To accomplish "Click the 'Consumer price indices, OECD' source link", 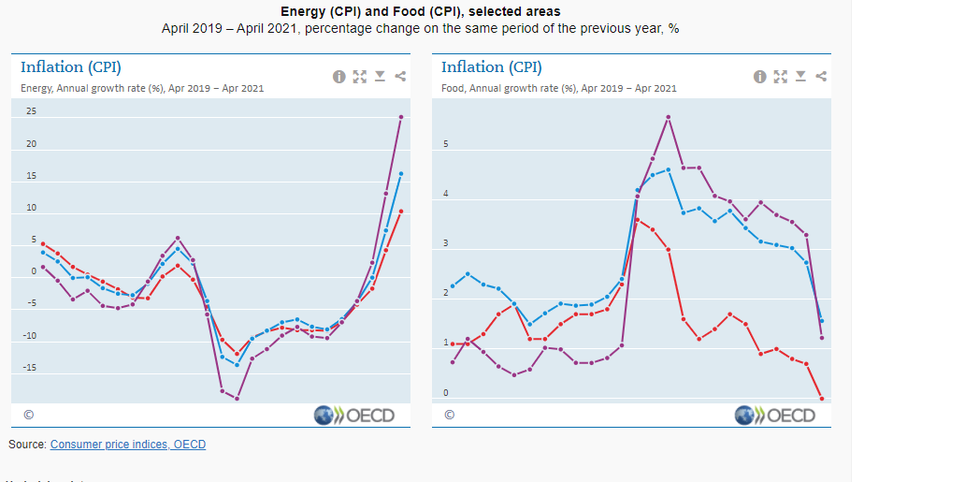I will tap(127, 445).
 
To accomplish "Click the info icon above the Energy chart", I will tap(338, 77).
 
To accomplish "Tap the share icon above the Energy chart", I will tap(400, 77).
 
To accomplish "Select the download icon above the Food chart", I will tap(800, 77).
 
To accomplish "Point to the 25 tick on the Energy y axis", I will tap(31, 112).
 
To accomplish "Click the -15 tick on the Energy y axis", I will tap(31, 367).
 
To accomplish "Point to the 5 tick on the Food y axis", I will tap(445, 145).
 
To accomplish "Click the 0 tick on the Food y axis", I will tap(445, 393).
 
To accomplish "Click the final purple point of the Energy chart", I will tap(401, 117).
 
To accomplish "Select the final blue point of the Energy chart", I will tap(401, 173).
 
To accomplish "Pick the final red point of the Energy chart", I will tap(401, 212).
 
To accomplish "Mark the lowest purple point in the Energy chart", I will tap(237, 399).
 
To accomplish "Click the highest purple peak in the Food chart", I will tap(669, 117).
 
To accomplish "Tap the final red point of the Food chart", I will tap(822, 399).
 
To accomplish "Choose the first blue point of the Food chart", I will tap(453, 286).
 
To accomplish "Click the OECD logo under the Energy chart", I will tap(354, 416).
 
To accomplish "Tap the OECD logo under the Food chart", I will tap(775, 416).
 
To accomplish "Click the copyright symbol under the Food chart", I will tap(449, 415).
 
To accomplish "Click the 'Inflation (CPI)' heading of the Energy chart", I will tap(71, 67).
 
